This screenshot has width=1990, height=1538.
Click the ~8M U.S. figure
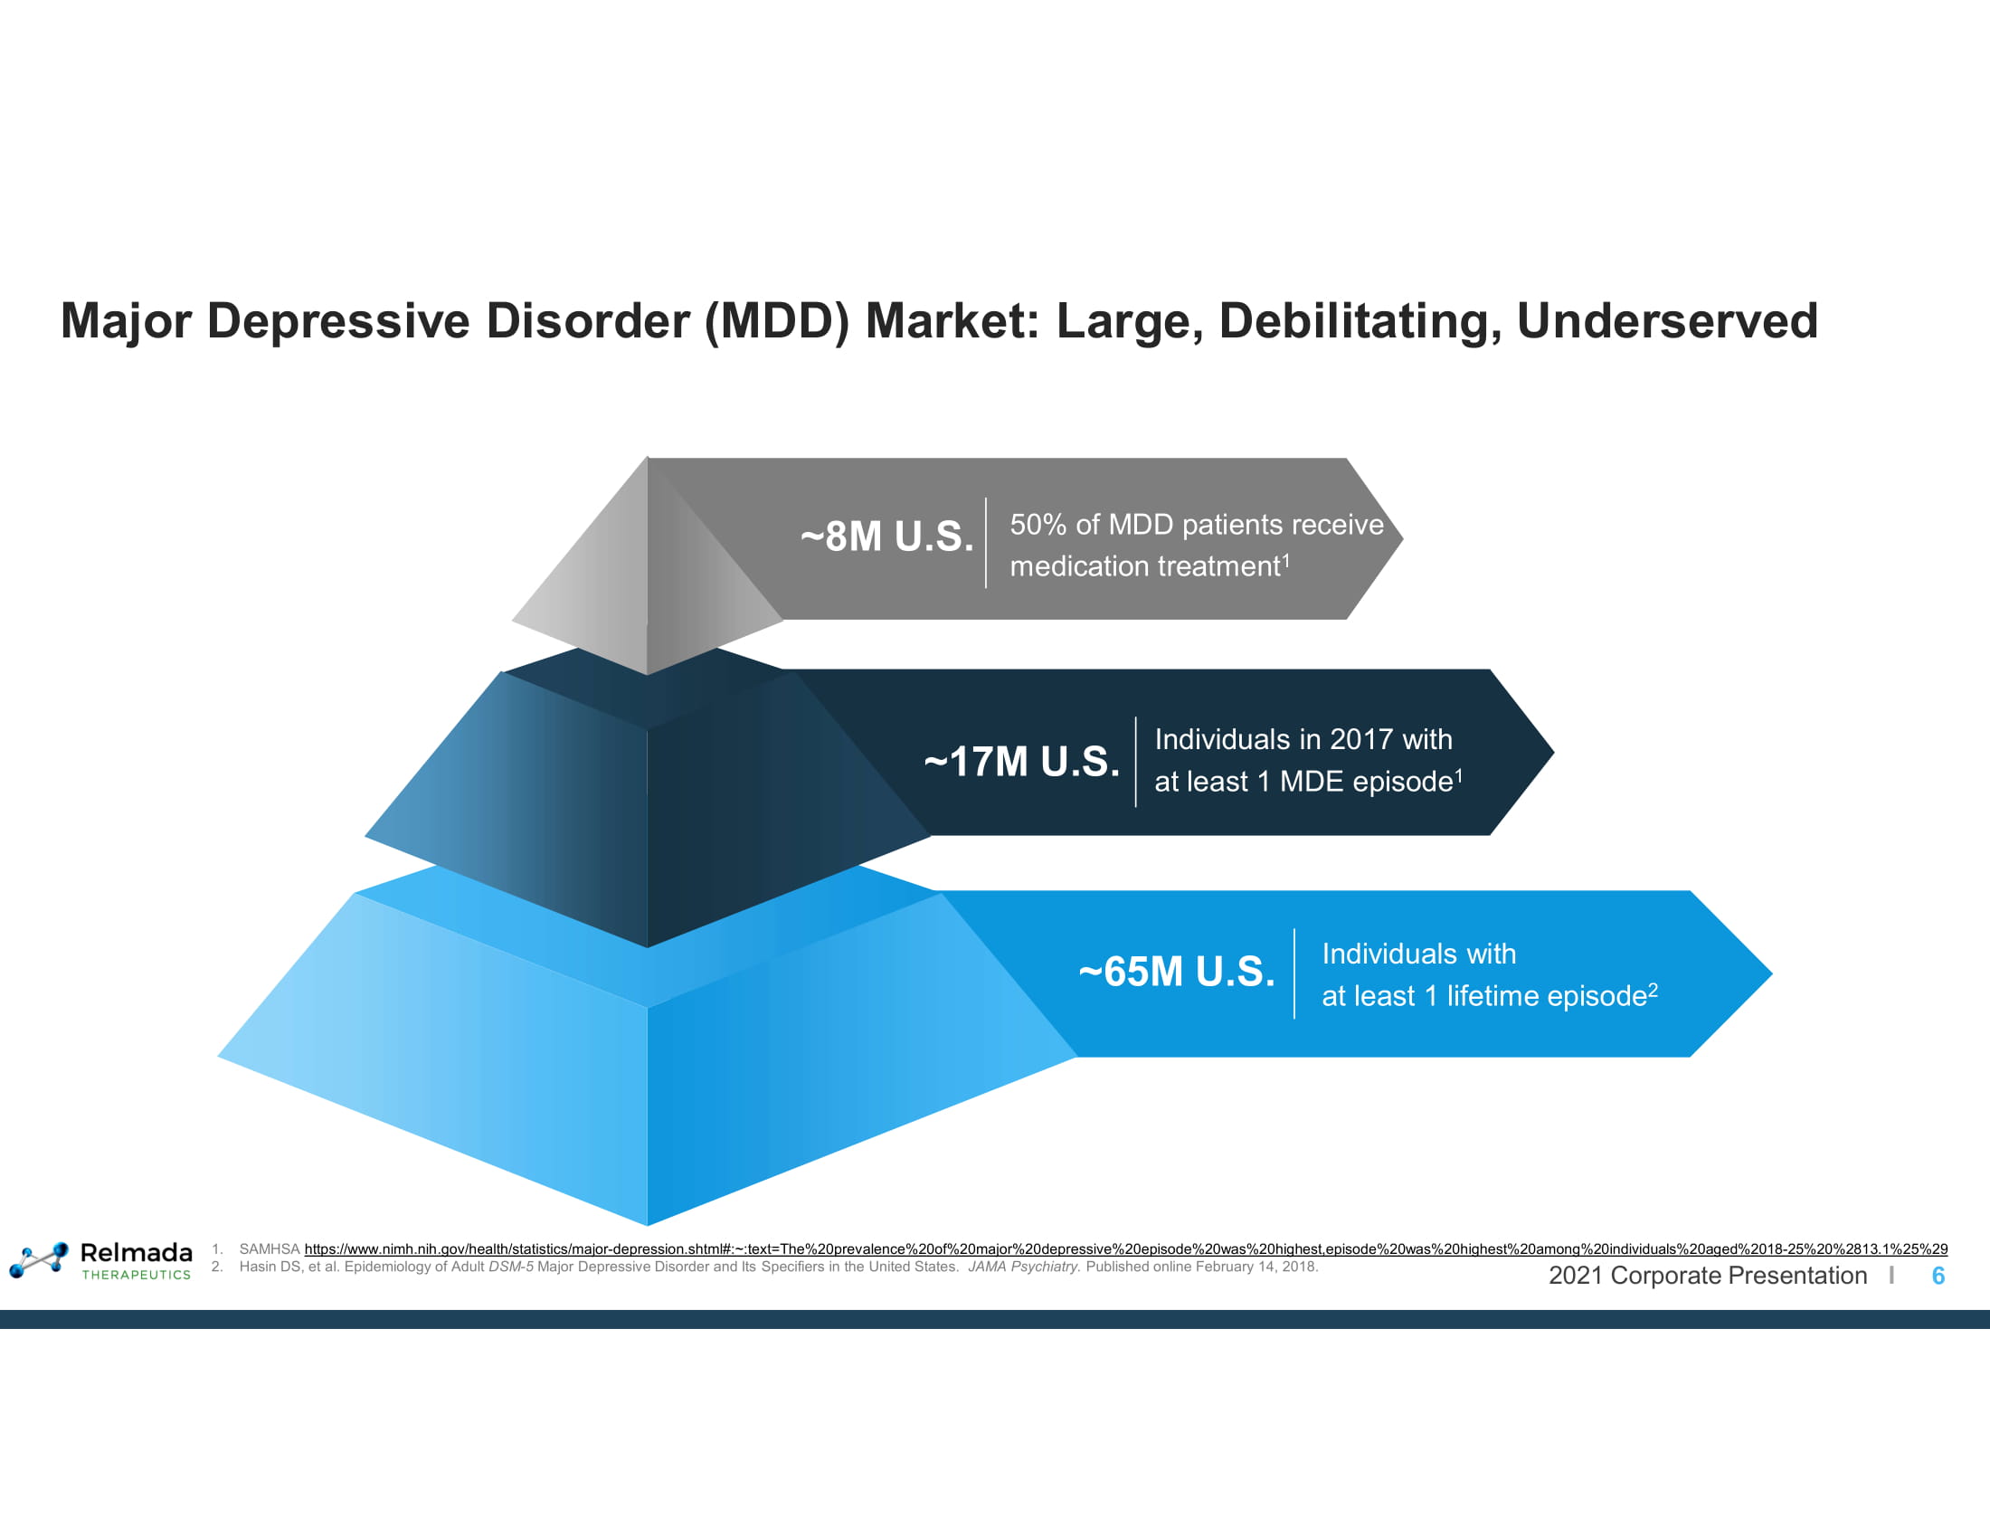coord(886,536)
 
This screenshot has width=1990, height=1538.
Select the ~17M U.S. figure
coord(1021,762)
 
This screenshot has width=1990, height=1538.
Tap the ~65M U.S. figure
coord(1176,972)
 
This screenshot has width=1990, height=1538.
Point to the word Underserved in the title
coord(1666,321)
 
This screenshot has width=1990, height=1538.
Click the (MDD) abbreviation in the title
coord(776,321)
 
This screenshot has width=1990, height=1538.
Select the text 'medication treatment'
coord(1144,566)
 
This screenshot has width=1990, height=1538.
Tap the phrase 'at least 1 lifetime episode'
coord(1484,996)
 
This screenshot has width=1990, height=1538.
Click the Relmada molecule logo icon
coord(39,1259)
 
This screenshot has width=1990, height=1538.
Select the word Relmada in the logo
coord(137,1253)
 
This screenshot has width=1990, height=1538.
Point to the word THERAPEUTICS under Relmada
coord(137,1275)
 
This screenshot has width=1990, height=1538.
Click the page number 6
coord(1938,1276)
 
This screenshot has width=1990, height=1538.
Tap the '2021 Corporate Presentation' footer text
coord(1708,1276)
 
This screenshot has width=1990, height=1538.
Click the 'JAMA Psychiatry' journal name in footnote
coord(1023,1267)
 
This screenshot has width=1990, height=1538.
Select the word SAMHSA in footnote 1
coord(269,1248)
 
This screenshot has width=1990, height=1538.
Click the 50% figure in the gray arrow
coord(1038,525)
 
